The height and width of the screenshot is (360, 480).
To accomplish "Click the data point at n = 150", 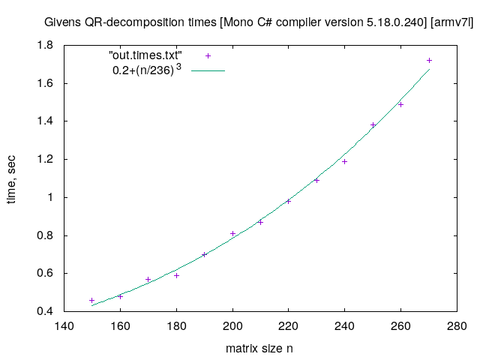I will point(92,300).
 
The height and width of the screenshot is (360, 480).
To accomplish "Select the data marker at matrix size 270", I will point(429,60).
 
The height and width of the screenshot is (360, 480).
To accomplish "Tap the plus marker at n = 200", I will point(232,233).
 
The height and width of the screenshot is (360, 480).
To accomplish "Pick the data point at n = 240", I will point(345,161).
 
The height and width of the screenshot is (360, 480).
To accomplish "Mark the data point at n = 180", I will point(176,275).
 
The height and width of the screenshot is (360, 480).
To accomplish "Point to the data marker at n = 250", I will point(373,124).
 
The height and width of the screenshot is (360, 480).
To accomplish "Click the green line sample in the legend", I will point(208,71).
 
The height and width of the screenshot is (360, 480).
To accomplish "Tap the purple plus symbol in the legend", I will point(208,56).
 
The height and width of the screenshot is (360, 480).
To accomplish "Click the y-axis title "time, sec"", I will point(13,178).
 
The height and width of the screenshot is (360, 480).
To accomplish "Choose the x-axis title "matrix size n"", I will point(259,349).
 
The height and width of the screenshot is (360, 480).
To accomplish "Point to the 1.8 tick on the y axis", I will point(46,46).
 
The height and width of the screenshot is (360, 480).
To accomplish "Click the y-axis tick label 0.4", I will point(46,311).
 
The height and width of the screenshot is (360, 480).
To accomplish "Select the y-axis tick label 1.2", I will point(46,160).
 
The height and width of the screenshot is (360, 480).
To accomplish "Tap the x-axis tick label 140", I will point(64,325).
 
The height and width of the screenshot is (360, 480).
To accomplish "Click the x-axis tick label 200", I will point(232,325).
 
